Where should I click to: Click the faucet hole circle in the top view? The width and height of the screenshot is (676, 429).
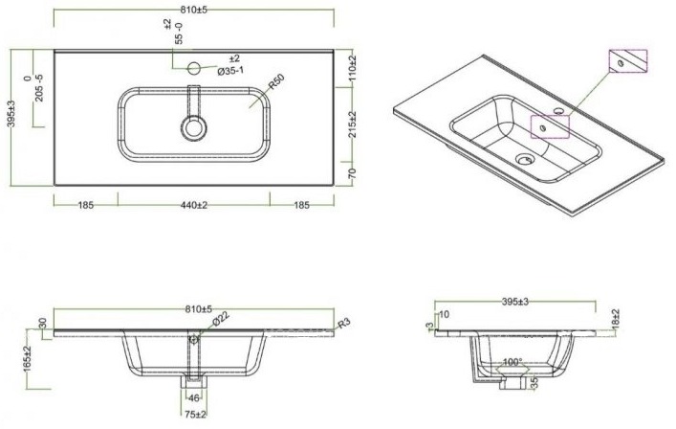(x=194, y=68)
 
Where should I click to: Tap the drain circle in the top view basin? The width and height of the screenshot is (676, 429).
(x=193, y=128)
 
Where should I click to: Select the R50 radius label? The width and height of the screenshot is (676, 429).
(x=276, y=82)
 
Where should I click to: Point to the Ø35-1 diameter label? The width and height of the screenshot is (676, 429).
(x=230, y=71)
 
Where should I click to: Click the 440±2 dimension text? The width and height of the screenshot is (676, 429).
(x=193, y=205)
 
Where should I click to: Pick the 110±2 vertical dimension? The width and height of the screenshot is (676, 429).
(x=353, y=69)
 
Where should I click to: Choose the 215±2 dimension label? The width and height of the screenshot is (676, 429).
(x=353, y=124)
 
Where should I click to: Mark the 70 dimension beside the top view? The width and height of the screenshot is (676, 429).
(x=353, y=173)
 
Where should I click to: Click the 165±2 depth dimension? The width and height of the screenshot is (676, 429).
(x=28, y=359)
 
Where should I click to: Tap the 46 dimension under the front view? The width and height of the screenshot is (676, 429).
(x=194, y=398)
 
